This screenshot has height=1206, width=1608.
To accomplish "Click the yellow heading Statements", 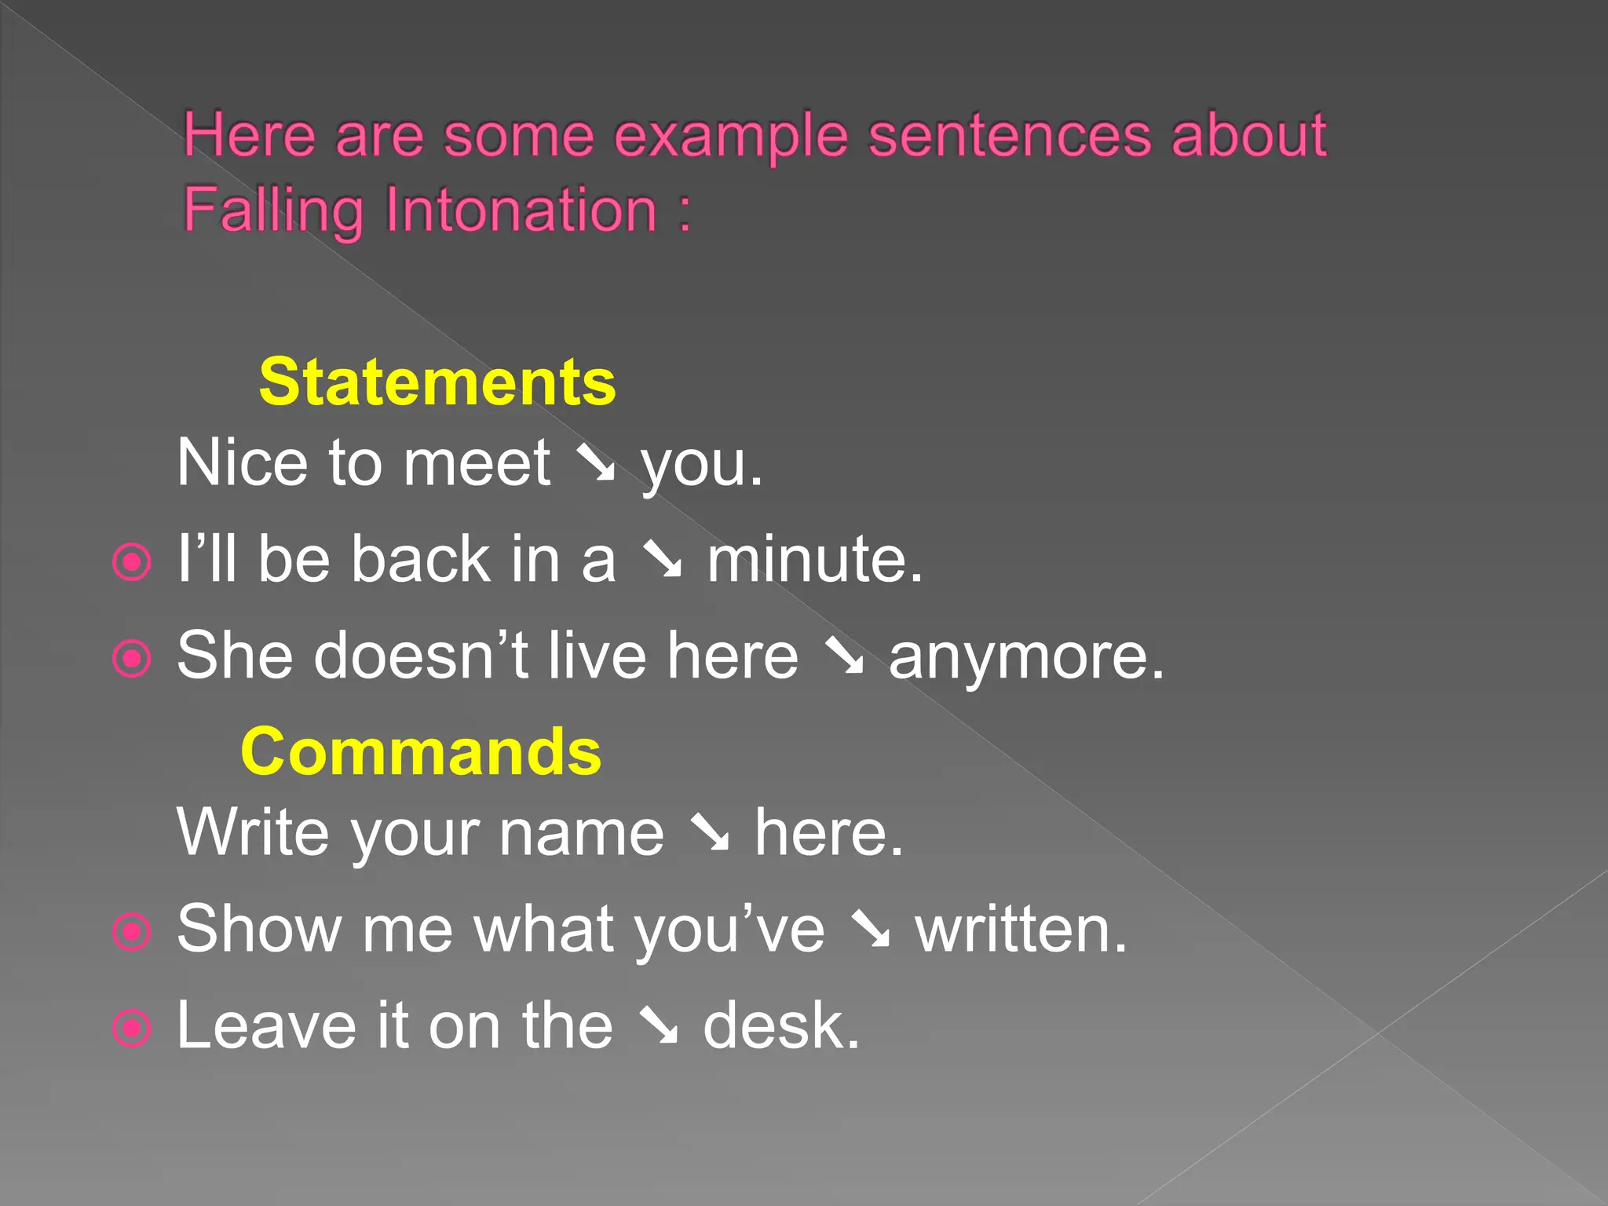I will point(437,382).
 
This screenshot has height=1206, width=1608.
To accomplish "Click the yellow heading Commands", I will point(421,751).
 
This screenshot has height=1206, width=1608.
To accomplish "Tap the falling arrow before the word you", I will point(596,463).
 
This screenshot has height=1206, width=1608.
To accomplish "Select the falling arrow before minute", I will point(662,559).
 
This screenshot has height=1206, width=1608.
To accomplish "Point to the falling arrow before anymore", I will point(844,656).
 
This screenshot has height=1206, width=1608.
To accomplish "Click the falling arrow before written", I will point(871,930).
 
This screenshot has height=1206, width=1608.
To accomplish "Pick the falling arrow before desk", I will point(658,1026).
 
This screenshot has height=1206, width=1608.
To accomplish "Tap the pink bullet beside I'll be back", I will point(131,562).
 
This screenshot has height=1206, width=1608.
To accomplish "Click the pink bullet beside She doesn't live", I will point(131,659).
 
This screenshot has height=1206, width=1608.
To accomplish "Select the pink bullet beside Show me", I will point(131,932).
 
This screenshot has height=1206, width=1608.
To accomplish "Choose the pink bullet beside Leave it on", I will point(131,1028).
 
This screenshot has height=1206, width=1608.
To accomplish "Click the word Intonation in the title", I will point(521,210).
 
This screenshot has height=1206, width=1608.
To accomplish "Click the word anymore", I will point(1025,656).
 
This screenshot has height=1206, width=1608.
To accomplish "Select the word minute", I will point(814,559).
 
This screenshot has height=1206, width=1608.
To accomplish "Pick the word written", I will point(1021,930).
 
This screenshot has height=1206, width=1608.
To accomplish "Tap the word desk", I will point(781,1026).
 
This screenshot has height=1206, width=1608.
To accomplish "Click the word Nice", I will point(242,463).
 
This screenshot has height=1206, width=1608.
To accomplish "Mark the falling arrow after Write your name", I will point(710,833).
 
